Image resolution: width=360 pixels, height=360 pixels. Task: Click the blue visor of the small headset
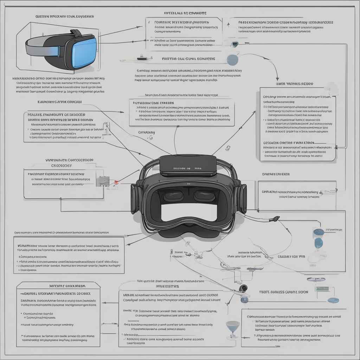click(84, 52)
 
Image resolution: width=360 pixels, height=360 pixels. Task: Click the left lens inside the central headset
click(173, 195)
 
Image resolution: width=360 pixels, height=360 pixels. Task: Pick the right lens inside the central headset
click(204, 195)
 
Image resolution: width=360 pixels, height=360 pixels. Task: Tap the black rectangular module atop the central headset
click(188, 165)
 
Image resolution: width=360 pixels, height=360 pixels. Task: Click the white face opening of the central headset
click(189, 212)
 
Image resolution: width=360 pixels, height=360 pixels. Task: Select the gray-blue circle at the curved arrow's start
click(232, 59)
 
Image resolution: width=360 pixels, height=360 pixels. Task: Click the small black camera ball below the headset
click(242, 288)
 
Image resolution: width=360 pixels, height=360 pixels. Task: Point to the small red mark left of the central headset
click(116, 182)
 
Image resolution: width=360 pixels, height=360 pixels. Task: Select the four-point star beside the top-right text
click(229, 25)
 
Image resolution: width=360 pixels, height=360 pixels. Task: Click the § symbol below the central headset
click(171, 252)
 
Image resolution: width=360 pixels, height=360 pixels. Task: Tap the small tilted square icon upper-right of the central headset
click(227, 148)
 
